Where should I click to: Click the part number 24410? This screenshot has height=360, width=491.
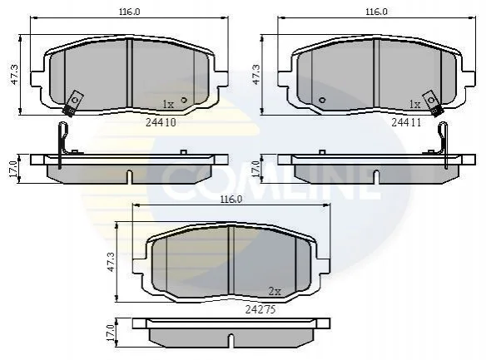(x=161, y=122)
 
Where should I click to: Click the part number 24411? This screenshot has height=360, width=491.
(x=406, y=122)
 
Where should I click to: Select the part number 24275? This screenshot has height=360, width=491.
(x=260, y=309)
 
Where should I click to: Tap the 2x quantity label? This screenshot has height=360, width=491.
(x=275, y=292)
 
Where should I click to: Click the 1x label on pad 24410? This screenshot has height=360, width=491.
(x=168, y=104)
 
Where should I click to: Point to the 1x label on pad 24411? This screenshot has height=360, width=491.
(x=415, y=104)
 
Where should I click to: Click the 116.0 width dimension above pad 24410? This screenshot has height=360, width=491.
(x=129, y=12)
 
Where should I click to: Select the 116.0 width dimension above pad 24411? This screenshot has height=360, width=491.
(x=376, y=12)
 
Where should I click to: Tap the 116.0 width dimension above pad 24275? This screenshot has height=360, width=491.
(x=231, y=200)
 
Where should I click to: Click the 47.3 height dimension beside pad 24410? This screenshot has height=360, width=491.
(x=15, y=75)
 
